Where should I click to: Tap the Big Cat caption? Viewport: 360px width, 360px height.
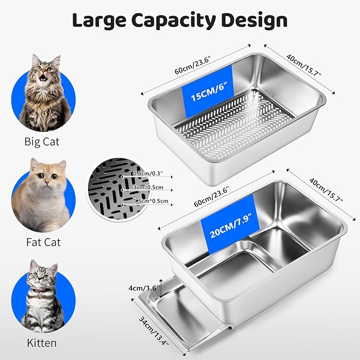point(42,142)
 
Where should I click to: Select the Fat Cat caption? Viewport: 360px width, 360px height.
point(43,242)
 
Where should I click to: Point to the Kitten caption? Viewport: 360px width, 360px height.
point(41,343)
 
